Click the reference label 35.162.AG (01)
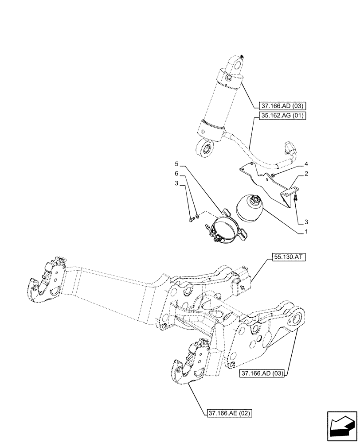coord(279,117)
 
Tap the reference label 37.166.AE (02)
coord(229,414)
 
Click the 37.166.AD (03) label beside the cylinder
coord(279,106)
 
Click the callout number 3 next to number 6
coord(176,183)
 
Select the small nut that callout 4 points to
coord(274,175)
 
